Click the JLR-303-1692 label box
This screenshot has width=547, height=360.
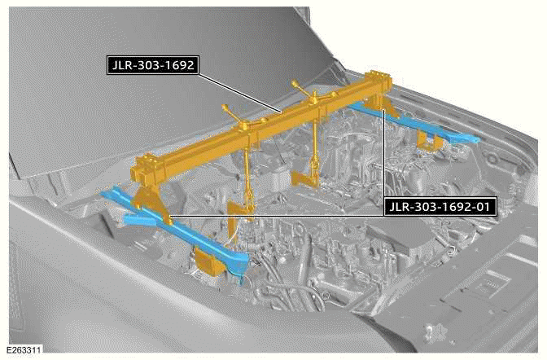[x=152, y=65]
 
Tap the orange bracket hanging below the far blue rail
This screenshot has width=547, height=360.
[x=424, y=142]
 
